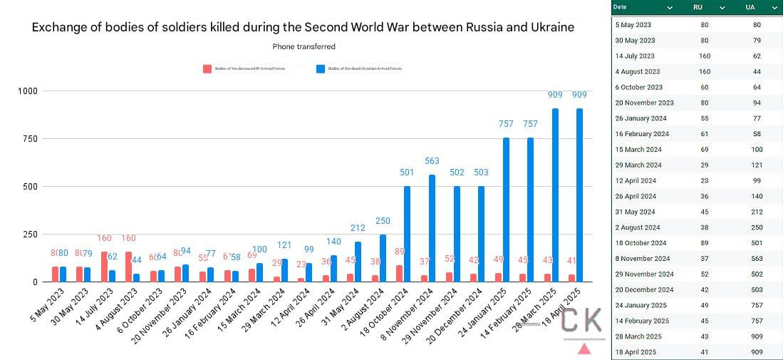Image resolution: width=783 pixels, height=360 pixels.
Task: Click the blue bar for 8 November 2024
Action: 432,228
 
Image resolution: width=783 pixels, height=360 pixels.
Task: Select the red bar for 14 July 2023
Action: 105,267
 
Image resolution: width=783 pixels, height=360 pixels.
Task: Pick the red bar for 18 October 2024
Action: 398,273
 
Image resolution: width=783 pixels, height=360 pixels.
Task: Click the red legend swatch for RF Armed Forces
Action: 207,69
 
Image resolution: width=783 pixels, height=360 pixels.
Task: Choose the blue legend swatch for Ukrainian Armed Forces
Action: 320,69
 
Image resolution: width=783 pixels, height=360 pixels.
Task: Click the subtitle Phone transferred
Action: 304,46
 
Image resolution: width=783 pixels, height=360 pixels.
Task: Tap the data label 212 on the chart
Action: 358,228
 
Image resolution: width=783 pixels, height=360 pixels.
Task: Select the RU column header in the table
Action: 698,7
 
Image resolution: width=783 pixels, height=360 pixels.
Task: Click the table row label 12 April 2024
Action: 636,180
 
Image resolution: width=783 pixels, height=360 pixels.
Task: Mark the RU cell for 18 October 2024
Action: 705,243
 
